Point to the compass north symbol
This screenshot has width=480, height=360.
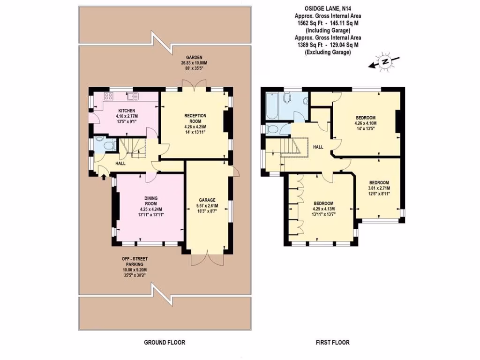(385, 61)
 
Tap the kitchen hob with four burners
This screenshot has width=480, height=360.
(108, 97)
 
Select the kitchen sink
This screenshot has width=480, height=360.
(131, 97)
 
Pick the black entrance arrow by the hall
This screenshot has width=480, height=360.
(104, 176)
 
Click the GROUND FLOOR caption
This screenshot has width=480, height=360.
(164, 343)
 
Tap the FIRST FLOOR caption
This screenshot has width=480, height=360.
(332, 343)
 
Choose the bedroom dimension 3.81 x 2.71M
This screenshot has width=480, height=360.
(379, 188)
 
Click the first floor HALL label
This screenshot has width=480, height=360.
(318, 147)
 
